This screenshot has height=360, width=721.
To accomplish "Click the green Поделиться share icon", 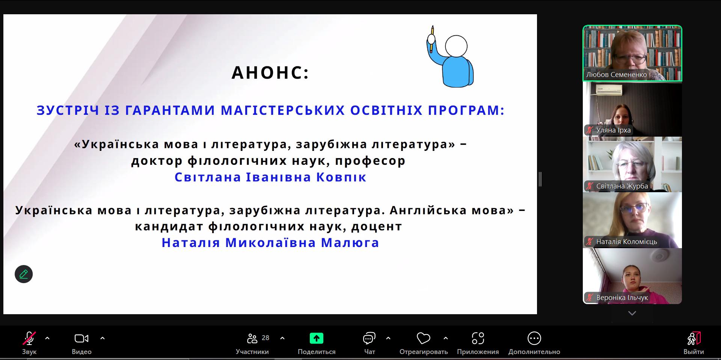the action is click(317, 338).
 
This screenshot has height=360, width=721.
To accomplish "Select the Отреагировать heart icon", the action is click(423, 339).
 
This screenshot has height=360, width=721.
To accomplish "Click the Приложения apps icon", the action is click(478, 339).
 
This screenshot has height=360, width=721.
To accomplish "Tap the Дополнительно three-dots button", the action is click(534, 339).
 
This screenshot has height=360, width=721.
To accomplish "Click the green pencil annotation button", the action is click(24, 274).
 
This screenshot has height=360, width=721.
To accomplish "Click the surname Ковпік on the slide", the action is click(341, 177).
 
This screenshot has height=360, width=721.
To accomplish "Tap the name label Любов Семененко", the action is click(616, 75).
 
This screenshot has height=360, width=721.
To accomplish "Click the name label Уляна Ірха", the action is click(613, 130).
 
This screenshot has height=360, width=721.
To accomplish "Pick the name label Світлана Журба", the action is click(622, 186).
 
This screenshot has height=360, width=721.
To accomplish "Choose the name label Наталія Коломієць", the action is click(626, 242).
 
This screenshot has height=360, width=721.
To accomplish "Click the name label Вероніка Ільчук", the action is click(622, 298).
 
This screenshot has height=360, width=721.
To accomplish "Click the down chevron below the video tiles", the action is click(632, 313).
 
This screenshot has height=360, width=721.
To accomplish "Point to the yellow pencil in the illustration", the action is click(432, 39).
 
